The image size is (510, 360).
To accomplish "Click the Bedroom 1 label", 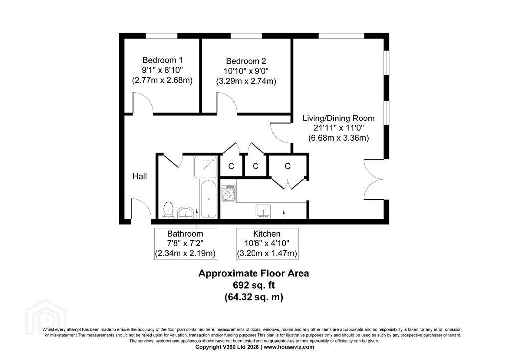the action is coord(162,60).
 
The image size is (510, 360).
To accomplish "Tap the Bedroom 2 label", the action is coord(246,61).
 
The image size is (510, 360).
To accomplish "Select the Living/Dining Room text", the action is coord(338,118).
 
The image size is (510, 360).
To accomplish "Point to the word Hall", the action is coord(140,176).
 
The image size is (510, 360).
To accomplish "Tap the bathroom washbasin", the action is coord(186,212).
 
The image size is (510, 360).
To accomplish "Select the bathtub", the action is coord(208,199).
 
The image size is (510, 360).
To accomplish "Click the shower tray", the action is coord(205,167).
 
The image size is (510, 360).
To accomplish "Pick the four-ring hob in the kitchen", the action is coord(228,193).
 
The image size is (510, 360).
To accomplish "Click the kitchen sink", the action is coord(263,211).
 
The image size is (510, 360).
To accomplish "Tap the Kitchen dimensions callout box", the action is coord(267,243).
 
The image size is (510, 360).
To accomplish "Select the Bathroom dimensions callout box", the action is coord(185,243).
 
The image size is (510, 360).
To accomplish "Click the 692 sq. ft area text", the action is coord(254,285).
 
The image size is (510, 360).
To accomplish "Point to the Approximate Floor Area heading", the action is coord(254,273).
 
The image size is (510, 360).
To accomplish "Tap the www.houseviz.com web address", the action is coord(289,347).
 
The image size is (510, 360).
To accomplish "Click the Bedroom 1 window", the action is coord(161,36).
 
